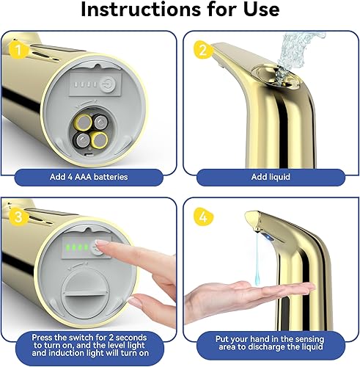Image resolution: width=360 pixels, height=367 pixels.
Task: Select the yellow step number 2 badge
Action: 201,52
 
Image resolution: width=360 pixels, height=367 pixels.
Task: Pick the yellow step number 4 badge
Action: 201,218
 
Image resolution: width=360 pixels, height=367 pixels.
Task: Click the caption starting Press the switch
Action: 89,342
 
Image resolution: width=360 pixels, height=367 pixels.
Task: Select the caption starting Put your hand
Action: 269,342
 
